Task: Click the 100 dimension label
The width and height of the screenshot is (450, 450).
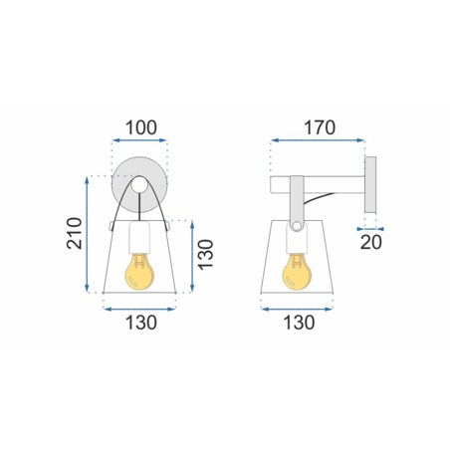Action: pos(141,127)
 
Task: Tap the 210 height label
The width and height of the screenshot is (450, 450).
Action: pos(75,233)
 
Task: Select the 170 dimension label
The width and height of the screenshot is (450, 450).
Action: pos(320,127)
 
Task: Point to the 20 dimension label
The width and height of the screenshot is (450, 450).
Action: pos(371,242)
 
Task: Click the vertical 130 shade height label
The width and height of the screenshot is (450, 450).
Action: pos(205,254)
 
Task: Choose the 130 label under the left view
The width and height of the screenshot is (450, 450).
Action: pos(141,323)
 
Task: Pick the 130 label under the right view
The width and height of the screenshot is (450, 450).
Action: pos(299,323)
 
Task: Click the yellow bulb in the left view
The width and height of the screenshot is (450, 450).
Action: pos(139,272)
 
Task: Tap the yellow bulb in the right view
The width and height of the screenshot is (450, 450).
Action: pos(297,272)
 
